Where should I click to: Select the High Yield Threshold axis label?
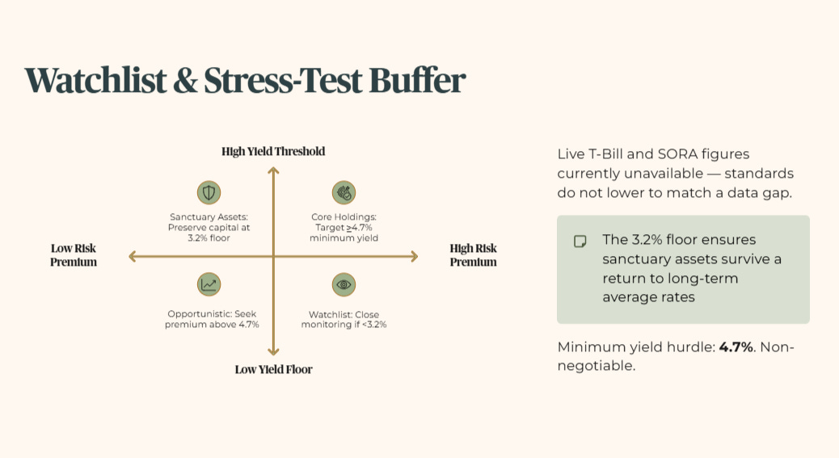coord(273,151)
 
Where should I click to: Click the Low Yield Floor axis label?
coord(273,369)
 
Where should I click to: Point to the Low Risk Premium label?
coord(74,255)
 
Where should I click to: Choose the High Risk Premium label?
coord(473,255)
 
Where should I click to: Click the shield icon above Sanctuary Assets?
coord(209,192)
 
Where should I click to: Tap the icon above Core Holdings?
coord(344,192)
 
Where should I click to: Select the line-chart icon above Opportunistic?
coord(209,284)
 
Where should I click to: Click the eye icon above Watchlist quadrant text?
coord(344,284)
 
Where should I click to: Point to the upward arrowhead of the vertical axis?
coord(273,170)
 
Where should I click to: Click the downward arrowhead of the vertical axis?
coord(273,351)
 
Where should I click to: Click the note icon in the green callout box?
coord(580,242)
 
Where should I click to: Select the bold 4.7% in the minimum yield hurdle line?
coord(736,347)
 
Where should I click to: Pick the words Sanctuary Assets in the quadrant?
coord(209,217)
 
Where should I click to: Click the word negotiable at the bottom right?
coord(597,366)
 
